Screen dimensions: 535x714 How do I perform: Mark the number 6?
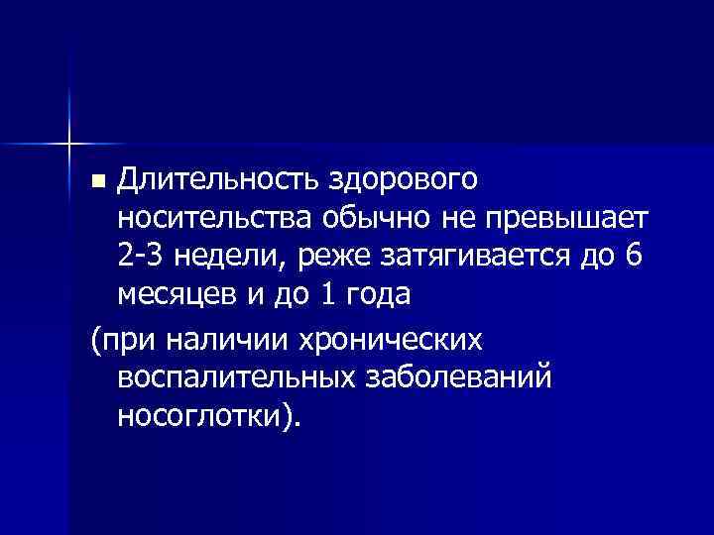click(634, 256)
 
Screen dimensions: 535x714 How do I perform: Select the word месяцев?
click(176, 293)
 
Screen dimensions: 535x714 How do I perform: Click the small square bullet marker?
click(98, 182)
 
